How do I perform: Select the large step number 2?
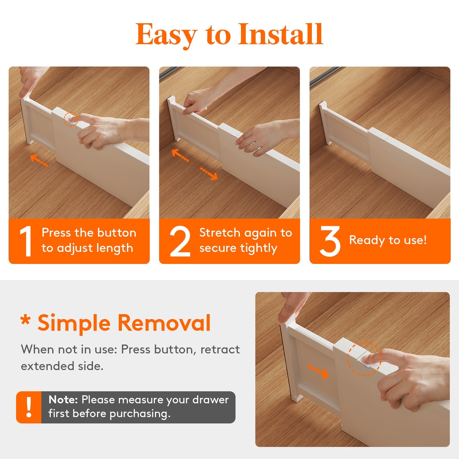pyautogui.click(x=180, y=241)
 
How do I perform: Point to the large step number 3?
pyautogui.click(x=330, y=241)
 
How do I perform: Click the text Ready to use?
pyautogui.click(x=388, y=240)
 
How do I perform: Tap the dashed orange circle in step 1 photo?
pyautogui.click(x=71, y=119)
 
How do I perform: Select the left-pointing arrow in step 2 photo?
pyautogui.click(x=180, y=155)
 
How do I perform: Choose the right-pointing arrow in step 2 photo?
pyautogui.click(x=209, y=174)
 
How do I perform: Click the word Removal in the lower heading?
pyautogui.click(x=164, y=323)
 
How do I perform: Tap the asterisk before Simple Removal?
pyautogui.click(x=26, y=320)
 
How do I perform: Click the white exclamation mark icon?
pyautogui.click(x=29, y=407)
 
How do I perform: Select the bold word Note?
pyautogui.click(x=63, y=400)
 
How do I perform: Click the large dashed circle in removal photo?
pyautogui.click(x=364, y=359)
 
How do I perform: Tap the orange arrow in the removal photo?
pyautogui.click(x=318, y=372)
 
